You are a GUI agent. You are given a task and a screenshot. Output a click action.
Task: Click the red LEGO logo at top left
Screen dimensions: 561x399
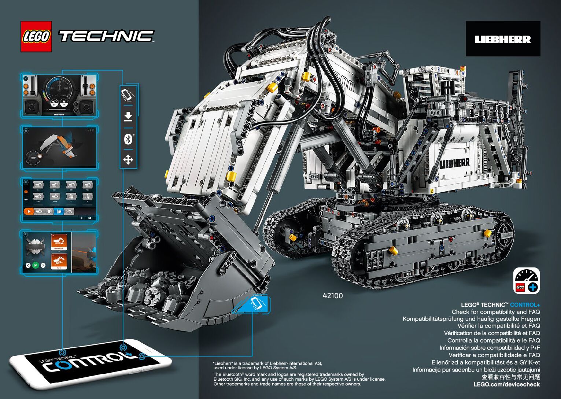(x=36, y=37)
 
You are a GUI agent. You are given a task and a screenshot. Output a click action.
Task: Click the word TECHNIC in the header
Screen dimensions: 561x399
(x=106, y=36)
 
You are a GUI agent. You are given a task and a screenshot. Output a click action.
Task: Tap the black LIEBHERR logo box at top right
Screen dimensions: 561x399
(x=503, y=39)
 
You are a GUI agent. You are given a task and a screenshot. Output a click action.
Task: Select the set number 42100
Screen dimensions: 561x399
(x=333, y=296)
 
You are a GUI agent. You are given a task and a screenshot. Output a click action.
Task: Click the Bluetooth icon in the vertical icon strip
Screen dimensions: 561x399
(x=128, y=139)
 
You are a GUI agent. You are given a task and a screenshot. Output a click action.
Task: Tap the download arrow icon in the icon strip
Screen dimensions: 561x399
(x=128, y=117)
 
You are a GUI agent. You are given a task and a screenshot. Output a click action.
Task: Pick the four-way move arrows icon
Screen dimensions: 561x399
(x=128, y=160)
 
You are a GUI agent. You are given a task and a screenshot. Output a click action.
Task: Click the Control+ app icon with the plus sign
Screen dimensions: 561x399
(x=527, y=281)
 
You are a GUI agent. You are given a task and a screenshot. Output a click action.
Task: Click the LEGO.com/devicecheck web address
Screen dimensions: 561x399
(x=506, y=384)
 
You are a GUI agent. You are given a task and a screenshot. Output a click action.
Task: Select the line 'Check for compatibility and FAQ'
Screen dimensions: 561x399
(x=495, y=312)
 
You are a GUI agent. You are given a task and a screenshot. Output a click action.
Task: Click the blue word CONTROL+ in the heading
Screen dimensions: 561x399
(x=525, y=305)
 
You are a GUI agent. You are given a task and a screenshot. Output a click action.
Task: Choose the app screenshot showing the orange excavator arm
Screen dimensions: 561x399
(x=59, y=148)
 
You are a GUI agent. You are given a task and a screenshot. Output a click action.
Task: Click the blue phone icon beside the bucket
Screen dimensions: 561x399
(x=256, y=304)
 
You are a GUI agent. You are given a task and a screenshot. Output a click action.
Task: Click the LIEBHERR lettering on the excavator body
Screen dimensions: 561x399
(x=454, y=163)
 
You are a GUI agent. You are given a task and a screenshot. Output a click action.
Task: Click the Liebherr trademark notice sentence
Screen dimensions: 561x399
(x=267, y=365)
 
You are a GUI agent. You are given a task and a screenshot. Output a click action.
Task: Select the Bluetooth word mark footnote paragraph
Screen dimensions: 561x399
(x=299, y=379)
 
